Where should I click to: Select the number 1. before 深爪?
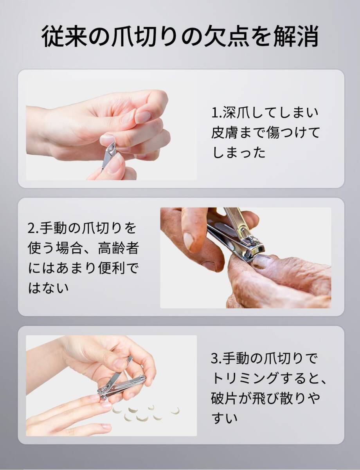[x=216, y=113]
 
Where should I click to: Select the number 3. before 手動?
[x=216, y=358]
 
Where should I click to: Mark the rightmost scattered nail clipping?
[x=175, y=410]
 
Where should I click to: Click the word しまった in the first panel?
[x=238, y=153]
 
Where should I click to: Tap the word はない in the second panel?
[x=49, y=289]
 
